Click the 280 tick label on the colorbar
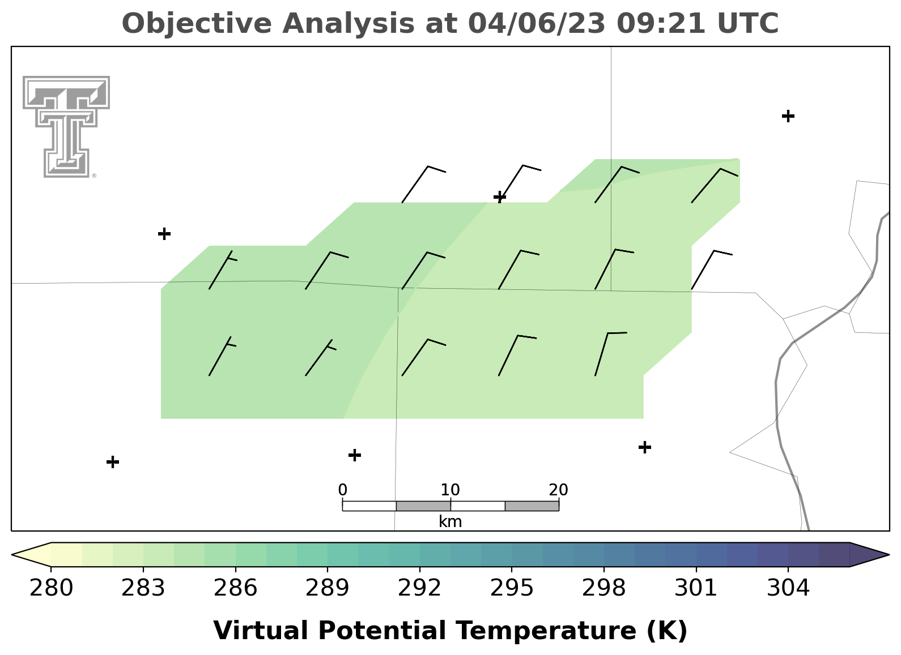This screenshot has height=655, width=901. pyautogui.click(x=51, y=588)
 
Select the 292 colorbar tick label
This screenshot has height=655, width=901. pyautogui.click(x=419, y=588)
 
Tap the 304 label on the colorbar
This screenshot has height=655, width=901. pyautogui.click(x=788, y=588)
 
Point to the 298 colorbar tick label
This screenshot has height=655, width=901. pyautogui.click(x=603, y=588)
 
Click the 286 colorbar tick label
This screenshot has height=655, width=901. pyautogui.click(x=235, y=588)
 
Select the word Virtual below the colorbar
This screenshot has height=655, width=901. pyautogui.click(x=261, y=630)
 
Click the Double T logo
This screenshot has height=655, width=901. pyautogui.click(x=66, y=127)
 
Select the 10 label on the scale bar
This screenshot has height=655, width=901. pyautogui.click(x=450, y=490)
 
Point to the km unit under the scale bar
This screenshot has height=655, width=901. pyautogui.click(x=450, y=521)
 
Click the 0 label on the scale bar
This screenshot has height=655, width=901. pyautogui.click(x=342, y=490)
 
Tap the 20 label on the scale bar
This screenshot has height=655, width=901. pyautogui.click(x=558, y=490)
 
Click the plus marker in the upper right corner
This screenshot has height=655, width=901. pyautogui.click(x=788, y=116)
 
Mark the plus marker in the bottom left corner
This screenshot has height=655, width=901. pyautogui.click(x=113, y=462)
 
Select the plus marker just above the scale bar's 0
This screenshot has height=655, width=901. pyautogui.click(x=354, y=455)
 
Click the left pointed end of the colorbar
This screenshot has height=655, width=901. pyautogui.click(x=12, y=555)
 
